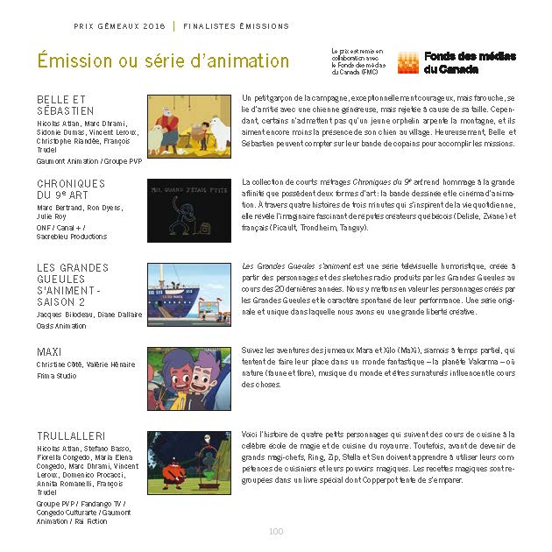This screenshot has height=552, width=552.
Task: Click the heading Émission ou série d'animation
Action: click(x=163, y=61)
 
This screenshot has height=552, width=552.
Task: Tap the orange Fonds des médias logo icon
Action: click(x=407, y=62)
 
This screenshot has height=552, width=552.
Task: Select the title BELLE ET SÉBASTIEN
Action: click(x=66, y=105)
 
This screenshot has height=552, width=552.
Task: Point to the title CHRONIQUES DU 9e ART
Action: click(x=71, y=189)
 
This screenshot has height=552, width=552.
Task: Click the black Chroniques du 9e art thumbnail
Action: click(x=189, y=209)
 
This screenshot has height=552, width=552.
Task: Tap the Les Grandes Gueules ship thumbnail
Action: click(x=189, y=294)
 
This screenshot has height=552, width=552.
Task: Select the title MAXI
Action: click(x=49, y=351)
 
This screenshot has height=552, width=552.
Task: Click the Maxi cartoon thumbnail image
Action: click(x=189, y=379)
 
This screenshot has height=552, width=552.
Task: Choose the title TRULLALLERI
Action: click(x=71, y=435)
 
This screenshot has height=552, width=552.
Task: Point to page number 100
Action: click(x=276, y=531)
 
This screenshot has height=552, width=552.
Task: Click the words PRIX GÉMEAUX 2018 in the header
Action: click(x=120, y=26)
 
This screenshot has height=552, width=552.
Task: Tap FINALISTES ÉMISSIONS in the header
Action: click(x=236, y=26)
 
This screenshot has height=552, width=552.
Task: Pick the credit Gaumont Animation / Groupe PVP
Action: click(x=89, y=161)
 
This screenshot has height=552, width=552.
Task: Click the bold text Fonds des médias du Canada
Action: click(x=470, y=62)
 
